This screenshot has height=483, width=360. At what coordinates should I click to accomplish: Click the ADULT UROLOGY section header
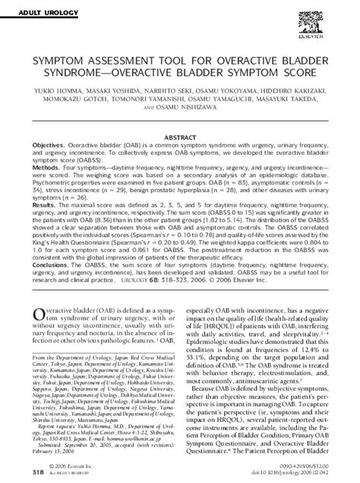click(x=39, y=7)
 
